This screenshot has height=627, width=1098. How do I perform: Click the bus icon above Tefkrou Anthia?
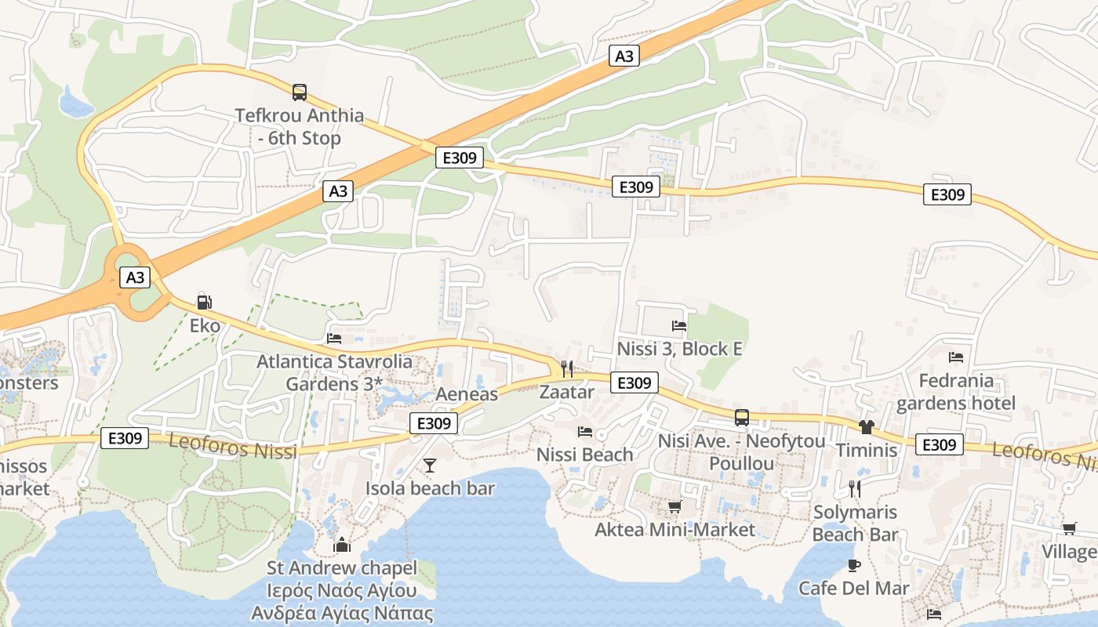(300, 92)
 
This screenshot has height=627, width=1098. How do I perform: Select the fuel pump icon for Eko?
(204, 302)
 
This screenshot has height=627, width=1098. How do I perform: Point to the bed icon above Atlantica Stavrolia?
(334, 339)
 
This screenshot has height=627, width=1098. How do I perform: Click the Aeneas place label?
(467, 393)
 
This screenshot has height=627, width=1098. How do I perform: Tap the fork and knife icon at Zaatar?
(566, 368)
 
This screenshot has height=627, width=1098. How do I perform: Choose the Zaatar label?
(566, 392)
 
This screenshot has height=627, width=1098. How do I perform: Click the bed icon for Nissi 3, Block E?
(679, 325)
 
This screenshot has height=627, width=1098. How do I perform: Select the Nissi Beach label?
(584, 455)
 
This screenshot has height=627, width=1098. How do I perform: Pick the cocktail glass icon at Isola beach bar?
(430, 466)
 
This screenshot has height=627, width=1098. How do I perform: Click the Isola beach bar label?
(430, 488)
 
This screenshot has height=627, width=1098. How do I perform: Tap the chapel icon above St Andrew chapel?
(341, 545)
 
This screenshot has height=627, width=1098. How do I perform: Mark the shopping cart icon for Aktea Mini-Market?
(674, 506)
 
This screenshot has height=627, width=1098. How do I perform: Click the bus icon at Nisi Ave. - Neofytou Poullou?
(741, 417)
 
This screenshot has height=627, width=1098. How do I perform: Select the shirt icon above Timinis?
(866, 427)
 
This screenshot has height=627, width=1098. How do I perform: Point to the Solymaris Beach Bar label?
(855, 524)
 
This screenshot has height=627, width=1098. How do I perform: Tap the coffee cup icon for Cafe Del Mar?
(854, 565)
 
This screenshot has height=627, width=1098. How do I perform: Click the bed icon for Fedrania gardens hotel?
(955, 357)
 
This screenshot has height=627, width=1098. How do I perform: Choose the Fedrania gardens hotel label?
(955, 392)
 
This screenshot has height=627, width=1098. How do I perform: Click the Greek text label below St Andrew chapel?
(342, 601)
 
